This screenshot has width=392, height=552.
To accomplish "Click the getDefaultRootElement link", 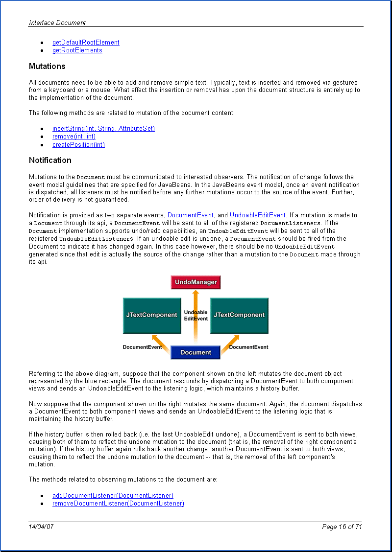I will point(86,43).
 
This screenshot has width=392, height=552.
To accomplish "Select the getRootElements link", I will point(77,50).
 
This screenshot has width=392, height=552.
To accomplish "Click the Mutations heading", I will point(47,67).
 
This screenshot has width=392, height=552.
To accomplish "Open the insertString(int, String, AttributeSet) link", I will point(103,129).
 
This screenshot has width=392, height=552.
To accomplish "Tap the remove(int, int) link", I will point(74,137).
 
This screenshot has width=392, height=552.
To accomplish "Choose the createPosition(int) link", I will point(78,145).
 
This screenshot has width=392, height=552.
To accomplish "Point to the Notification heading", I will point(50,161).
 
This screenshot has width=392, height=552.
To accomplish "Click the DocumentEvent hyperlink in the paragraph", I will point(191,215).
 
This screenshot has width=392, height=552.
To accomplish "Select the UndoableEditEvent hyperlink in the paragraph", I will point(257,215).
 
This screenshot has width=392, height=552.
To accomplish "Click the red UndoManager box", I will point(196,282).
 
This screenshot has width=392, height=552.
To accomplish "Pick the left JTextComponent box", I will point(151,315).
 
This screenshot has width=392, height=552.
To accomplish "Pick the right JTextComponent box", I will point(239,315).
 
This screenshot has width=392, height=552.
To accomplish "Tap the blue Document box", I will point(196,352).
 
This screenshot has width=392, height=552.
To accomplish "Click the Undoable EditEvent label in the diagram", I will point(196,315).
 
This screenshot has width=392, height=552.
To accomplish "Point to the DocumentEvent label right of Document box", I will point(248,347).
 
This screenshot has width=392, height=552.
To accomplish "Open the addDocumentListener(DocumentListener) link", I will point(113,496).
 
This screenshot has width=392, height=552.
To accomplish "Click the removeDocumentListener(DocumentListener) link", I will point(118,504).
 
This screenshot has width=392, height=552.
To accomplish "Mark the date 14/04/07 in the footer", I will point(41,527).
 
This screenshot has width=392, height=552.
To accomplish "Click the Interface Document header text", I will point(57,23).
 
